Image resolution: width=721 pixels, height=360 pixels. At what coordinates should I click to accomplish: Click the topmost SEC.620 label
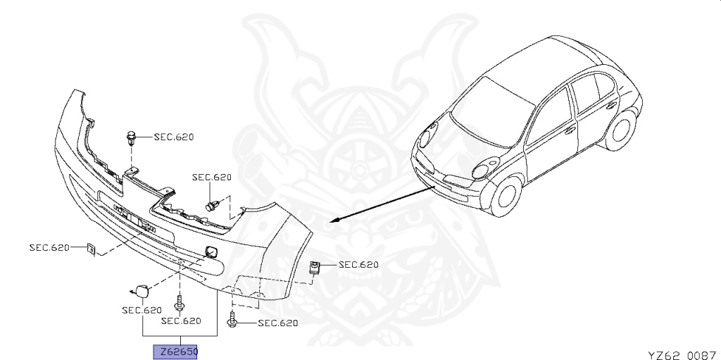(x=173, y=137)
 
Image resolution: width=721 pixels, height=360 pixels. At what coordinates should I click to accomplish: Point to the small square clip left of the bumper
(x=90, y=248)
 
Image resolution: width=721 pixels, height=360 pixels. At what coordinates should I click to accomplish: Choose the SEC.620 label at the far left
(x=49, y=247)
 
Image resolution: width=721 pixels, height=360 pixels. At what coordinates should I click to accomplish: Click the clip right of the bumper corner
(x=315, y=266)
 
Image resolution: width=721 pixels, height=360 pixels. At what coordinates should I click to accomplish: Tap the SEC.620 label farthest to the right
(x=358, y=265)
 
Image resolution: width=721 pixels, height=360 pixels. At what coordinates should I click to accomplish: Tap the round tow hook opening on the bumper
(x=210, y=250)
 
